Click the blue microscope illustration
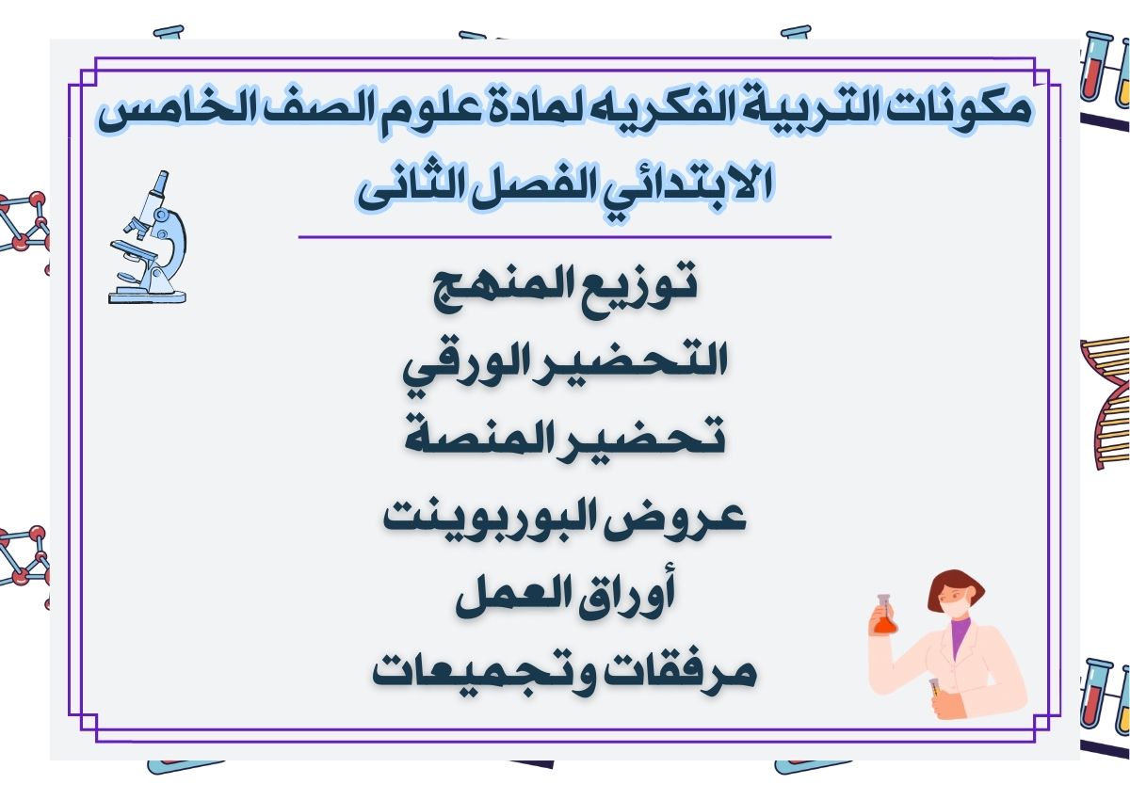click(x=148, y=239)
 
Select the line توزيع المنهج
click(x=564, y=283)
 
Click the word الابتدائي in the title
click(x=678, y=186)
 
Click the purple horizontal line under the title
click(x=564, y=237)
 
